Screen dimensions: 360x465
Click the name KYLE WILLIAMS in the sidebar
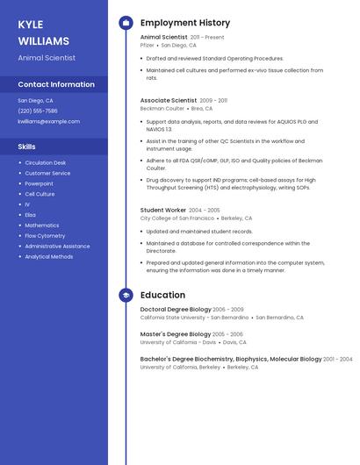(43, 32)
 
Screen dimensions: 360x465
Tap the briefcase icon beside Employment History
(126, 23)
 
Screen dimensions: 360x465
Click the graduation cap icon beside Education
(126, 296)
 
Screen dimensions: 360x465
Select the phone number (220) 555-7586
(38, 111)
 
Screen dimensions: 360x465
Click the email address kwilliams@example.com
(48, 121)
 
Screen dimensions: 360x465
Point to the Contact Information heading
(56, 84)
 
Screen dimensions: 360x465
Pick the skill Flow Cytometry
(45, 236)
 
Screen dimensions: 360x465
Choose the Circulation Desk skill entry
(45, 162)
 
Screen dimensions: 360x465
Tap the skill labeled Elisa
(30, 215)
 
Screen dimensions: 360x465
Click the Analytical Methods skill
(49, 257)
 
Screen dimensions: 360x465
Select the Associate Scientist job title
(169, 101)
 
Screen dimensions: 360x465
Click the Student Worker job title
(163, 211)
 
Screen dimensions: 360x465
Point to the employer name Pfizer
(148, 45)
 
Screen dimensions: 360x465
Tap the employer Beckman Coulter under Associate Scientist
(162, 108)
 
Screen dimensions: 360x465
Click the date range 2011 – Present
(207, 38)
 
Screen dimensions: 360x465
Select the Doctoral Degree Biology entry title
(176, 310)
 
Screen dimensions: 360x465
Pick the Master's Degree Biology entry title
(176, 334)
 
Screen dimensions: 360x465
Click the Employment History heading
(185, 23)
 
